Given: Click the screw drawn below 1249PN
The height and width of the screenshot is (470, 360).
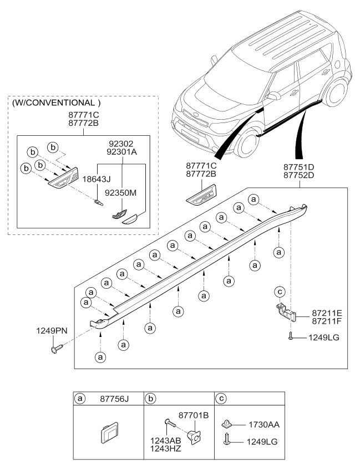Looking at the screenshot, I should point(57,349).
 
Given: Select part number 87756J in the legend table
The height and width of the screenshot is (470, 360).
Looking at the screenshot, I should point(114,399).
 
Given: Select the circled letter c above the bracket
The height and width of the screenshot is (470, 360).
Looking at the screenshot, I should point(280,292).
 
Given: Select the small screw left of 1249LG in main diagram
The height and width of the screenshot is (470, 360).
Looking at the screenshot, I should point(290,336).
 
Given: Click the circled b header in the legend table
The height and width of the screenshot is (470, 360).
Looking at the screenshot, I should point(150,399).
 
